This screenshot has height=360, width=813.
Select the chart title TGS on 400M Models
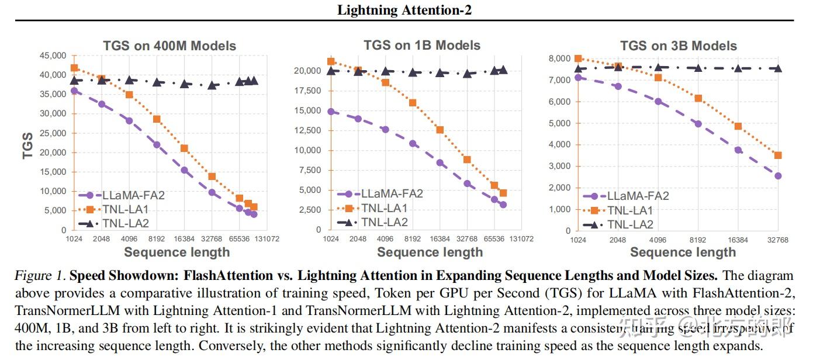(169, 46)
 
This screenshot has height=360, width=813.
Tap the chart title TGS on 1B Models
(421, 45)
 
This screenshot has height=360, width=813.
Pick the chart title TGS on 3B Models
(678, 46)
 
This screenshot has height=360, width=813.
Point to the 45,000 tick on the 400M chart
(52, 56)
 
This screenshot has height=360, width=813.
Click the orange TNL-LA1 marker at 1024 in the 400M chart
(74, 68)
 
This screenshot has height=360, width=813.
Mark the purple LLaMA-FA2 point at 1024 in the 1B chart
(331, 111)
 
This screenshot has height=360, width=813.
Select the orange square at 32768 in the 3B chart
(778, 155)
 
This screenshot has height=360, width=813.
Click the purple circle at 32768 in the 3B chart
(778, 176)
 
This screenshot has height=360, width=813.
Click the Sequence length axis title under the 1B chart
(430, 252)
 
